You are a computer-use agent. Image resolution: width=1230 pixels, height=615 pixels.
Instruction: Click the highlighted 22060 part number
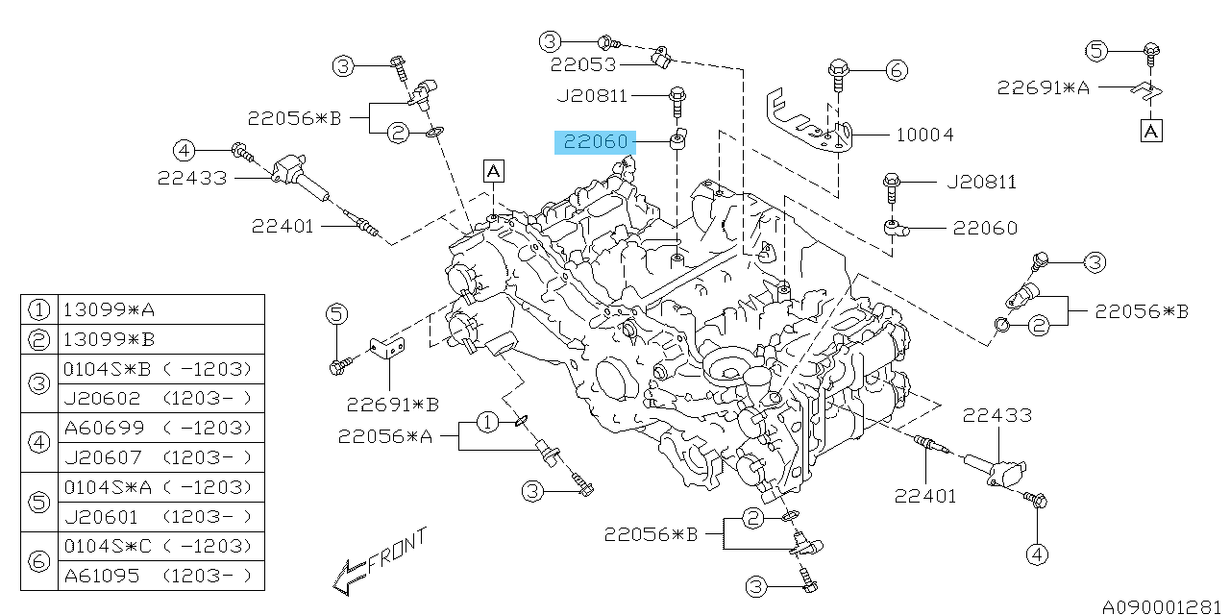click(596, 142)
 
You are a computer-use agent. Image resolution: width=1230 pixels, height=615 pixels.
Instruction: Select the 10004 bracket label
click(924, 135)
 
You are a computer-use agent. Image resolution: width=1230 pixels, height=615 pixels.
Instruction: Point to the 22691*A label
click(1043, 87)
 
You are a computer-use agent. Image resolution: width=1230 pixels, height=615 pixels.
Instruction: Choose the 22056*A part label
click(384, 437)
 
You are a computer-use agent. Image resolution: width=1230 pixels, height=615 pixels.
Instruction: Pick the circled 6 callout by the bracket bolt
click(896, 69)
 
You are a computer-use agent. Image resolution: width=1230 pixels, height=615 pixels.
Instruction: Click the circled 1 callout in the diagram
click(487, 421)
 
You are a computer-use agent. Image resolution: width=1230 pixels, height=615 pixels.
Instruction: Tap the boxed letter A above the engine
click(493, 171)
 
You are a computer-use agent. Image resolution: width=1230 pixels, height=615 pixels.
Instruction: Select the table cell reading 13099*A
click(160, 309)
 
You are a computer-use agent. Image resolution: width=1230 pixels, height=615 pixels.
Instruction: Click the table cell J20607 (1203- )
click(160, 457)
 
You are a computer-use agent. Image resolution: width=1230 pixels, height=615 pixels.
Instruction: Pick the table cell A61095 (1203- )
click(160, 576)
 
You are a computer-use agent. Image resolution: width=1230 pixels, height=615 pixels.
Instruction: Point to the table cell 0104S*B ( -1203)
click(160, 369)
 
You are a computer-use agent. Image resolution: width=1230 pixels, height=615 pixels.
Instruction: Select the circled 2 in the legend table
click(38, 339)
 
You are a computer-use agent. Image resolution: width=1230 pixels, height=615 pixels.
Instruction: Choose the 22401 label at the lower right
click(925, 496)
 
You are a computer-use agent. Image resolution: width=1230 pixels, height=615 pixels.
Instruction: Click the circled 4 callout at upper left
click(184, 149)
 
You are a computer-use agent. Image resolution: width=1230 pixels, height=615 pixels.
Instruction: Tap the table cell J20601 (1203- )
click(160, 517)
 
